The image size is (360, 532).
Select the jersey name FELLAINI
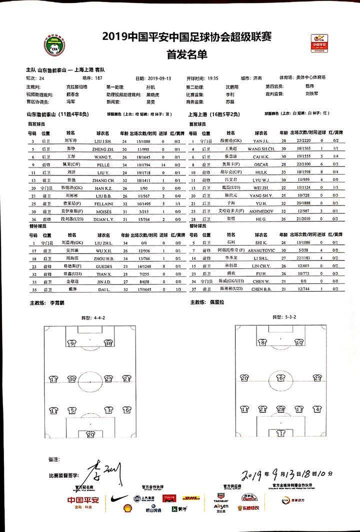(106, 204)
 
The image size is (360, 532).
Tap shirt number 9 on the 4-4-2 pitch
(72, 343)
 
